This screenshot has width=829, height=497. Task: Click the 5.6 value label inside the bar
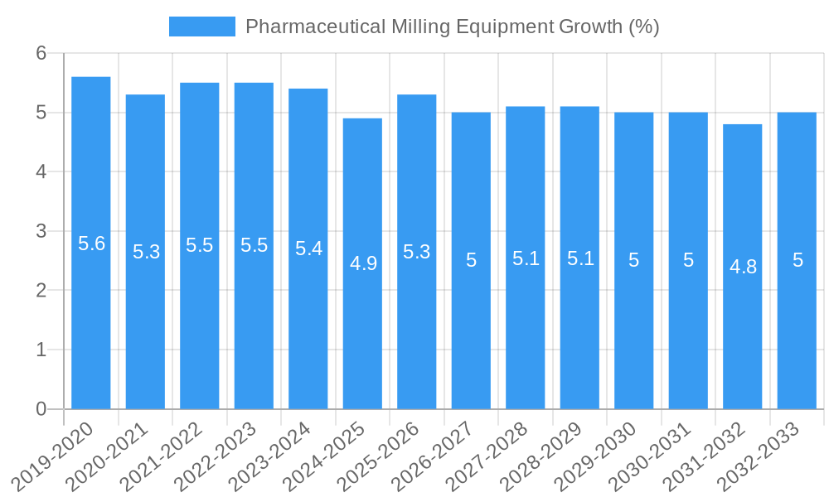pyautogui.click(x=91, y=244)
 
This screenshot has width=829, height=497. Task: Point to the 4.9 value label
pyautogui.click(x=363, y=263)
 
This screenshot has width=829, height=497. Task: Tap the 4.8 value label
pyautogui.click(x=743, y=267)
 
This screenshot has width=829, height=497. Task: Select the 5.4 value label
pyautogui.click(x=308, y=248)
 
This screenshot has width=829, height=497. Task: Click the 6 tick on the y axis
pyautogui.click(x=41, y=53)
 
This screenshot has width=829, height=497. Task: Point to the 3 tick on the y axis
pyautogui.click(x=41, y=231)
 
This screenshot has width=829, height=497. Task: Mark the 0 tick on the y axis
pyautogui.click(x=41, y=409)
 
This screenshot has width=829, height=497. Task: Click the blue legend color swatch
pyautogui.click(x=202, y=27)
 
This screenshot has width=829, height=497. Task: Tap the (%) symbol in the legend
pyautogui.click(x=643, y=27)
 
